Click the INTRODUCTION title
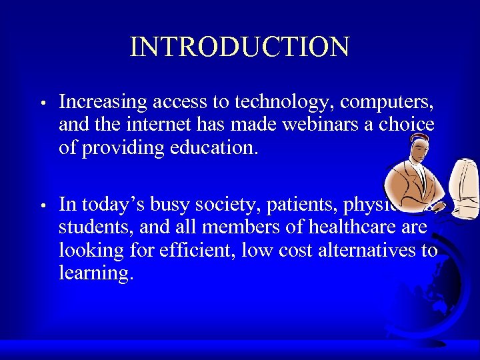[x=239, y=47]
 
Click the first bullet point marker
[x=41, y=104]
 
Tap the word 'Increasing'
[x=103, y=102]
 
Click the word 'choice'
[x=408, y=124]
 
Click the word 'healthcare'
[x=343, y=227]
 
